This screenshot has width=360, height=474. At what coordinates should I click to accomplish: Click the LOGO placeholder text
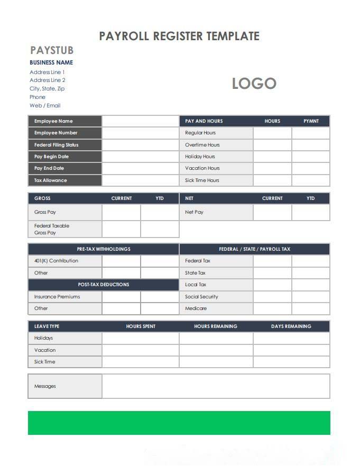click(254, 84)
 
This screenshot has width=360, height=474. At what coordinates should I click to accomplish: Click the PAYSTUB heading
click(52, 50)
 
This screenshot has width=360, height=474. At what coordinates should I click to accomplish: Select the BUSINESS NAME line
click(51, 62)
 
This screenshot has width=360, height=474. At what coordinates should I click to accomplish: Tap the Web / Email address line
click(45, 105)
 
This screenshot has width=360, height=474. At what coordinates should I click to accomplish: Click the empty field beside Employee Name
click(141, 121)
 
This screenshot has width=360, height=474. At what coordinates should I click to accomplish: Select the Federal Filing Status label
click(56, 145)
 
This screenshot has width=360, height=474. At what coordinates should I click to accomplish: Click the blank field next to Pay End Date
click(141, 168)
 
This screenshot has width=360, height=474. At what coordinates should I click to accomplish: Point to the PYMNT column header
click(311, 121)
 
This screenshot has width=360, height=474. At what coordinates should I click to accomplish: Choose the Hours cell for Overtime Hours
click(272, 145)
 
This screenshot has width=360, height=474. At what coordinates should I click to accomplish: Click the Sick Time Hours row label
click(202, 180)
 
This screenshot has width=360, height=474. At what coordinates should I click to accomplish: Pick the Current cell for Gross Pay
click(121, 212)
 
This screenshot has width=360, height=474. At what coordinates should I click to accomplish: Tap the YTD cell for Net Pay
click(310, 212)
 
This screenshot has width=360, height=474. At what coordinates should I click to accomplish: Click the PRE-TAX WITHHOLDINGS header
click(104, 249)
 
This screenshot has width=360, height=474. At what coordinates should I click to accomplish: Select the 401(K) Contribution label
click(56, 261)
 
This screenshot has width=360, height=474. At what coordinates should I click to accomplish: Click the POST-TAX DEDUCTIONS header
click(104, 285)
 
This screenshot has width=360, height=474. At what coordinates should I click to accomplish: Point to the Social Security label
click(201, 297)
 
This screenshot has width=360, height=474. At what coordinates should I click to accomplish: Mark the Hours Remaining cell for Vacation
click(216, 350)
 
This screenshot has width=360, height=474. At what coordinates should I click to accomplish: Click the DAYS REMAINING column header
click(291, 326)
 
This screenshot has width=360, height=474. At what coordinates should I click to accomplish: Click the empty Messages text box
click(216, 386)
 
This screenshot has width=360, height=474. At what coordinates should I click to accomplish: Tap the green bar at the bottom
click(179, 423)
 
